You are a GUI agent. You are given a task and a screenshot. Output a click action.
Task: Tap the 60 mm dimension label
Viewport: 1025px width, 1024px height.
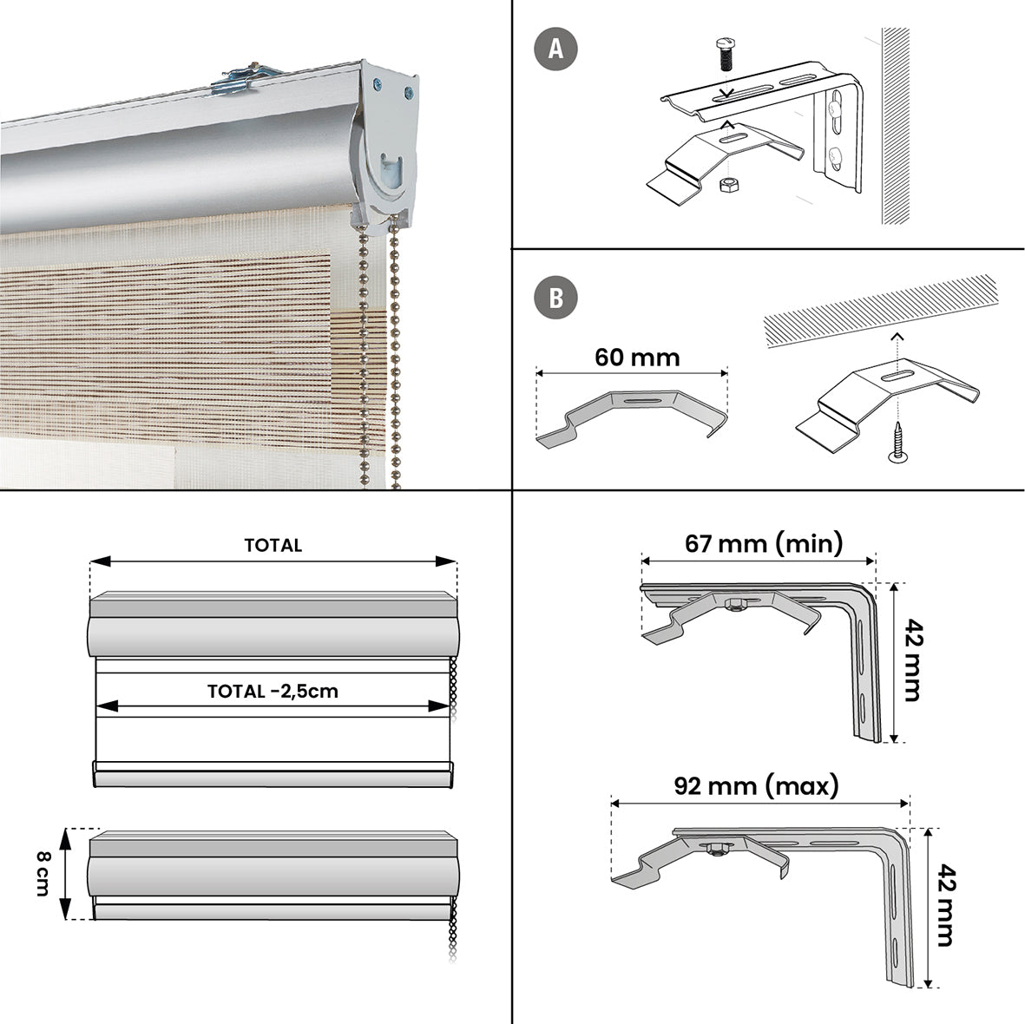[637, 358]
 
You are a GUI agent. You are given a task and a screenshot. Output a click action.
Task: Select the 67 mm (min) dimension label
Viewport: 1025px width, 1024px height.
[764, 543]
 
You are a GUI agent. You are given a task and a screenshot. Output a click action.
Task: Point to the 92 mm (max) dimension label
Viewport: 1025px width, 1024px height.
[757, 786]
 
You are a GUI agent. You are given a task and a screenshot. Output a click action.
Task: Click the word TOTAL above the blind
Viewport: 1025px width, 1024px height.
[273, 545]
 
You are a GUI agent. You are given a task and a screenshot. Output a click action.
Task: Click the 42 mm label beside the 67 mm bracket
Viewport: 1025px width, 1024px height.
[910, 660]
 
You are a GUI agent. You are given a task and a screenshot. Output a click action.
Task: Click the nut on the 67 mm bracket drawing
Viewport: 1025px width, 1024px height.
[733, 603]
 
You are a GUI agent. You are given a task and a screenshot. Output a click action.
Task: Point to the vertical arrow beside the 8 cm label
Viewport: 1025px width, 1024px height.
[65, 873]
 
